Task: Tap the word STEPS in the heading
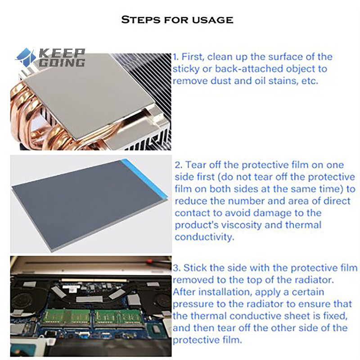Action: coord(140,20)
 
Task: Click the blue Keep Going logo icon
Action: coord(26,58)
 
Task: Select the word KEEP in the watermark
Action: coord(62,53)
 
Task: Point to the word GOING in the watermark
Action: coord(62,63)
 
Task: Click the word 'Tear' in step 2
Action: coord(195,165)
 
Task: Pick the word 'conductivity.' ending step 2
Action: coord(204,237)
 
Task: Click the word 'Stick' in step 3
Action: coord(195,268)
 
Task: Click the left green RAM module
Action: coord(67,318)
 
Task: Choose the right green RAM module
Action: coord(119,318)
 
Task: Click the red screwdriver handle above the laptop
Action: coord(150,261)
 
